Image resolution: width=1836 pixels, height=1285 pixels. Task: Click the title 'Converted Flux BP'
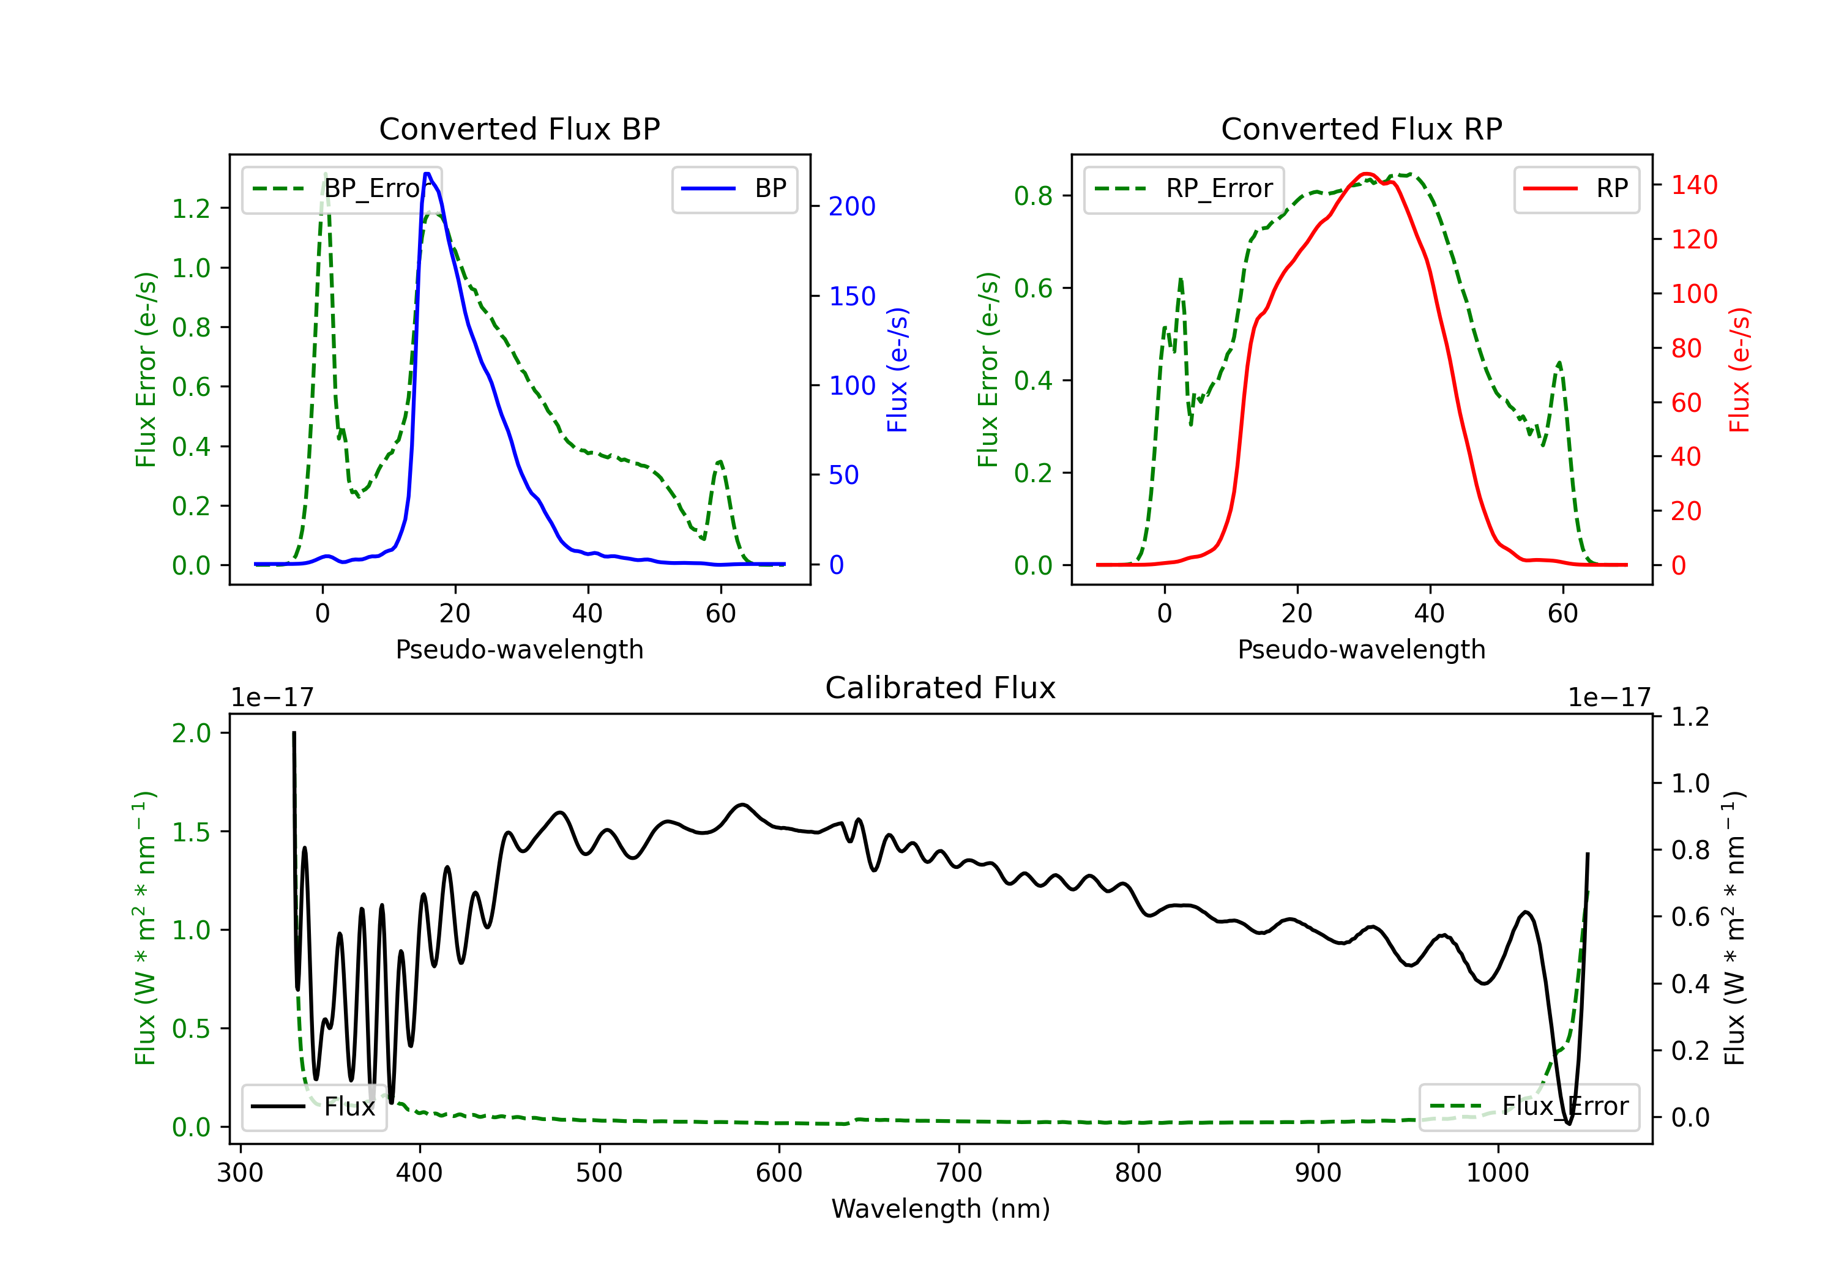pos(520,128)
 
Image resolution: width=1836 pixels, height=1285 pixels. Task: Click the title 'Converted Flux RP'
pos(1362,128)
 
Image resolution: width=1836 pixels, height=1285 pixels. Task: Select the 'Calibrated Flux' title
pos(941,688)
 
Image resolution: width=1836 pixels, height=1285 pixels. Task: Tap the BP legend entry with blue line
pos(734,188)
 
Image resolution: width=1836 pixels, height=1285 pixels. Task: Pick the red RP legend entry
pos(1576,188)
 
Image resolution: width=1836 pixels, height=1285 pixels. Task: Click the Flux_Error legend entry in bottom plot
pos(1529,1107)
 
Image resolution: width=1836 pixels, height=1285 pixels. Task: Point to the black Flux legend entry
pos(313,1107)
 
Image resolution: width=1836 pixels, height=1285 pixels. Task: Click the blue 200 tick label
pos(852,206)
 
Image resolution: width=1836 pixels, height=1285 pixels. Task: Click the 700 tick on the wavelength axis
pos(959,1173)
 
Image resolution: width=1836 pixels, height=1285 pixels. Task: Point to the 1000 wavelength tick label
pos(1498,1173)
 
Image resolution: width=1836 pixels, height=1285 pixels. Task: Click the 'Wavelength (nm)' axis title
pos(941,1209)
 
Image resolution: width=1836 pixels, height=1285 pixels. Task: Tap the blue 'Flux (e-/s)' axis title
pos(897,370)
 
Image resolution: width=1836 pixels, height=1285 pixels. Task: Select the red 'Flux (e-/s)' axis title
pos(1739,370)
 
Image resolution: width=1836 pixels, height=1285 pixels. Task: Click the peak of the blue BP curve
pos(428,174)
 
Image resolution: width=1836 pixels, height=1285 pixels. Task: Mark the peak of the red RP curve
pos(1366,174)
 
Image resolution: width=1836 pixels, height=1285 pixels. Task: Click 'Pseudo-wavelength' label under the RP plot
pos(1362,649)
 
